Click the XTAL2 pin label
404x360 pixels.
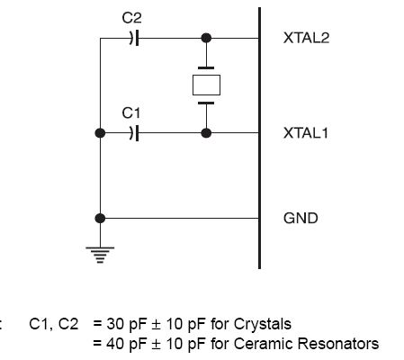[306, 38]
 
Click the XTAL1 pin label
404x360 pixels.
[306, 133]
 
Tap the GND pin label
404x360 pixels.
[301, 218]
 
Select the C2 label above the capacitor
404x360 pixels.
[131, 18]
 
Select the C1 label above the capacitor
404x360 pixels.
[131, 113]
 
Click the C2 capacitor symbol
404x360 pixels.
[134, 38]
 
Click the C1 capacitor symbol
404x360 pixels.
[134, 133]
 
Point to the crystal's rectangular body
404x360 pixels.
[206, 85]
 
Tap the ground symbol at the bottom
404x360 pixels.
[100, 255]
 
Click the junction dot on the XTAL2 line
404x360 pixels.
[206, 38]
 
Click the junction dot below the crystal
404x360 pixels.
[206, 133]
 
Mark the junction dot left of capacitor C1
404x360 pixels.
[100, 133]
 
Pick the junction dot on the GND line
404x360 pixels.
[100, 218]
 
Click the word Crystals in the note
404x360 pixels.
[263, 324]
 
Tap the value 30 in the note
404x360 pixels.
[114, 324]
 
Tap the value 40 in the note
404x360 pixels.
[114, 344]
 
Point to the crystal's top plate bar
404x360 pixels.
[206, 68]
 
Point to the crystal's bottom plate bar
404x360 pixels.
[206, 103]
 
